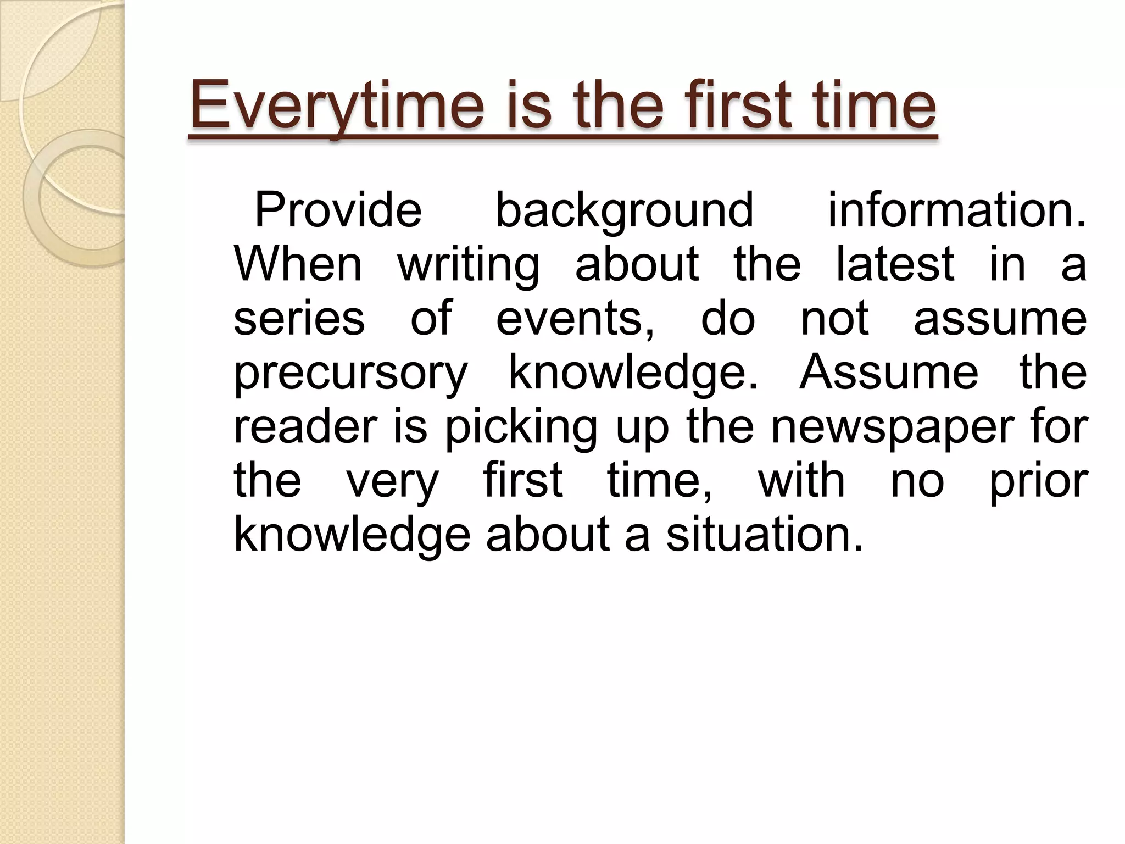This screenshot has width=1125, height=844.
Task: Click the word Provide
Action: [338, 210]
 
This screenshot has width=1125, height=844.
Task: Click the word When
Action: [298, 264]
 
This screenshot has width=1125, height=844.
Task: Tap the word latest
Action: [895, 264]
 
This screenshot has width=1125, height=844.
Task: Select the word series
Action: [299, 318]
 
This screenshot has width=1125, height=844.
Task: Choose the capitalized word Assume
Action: [888, 372]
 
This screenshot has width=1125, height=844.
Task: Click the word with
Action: [801, 480]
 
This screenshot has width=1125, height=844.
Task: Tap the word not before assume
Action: [834, 318]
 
